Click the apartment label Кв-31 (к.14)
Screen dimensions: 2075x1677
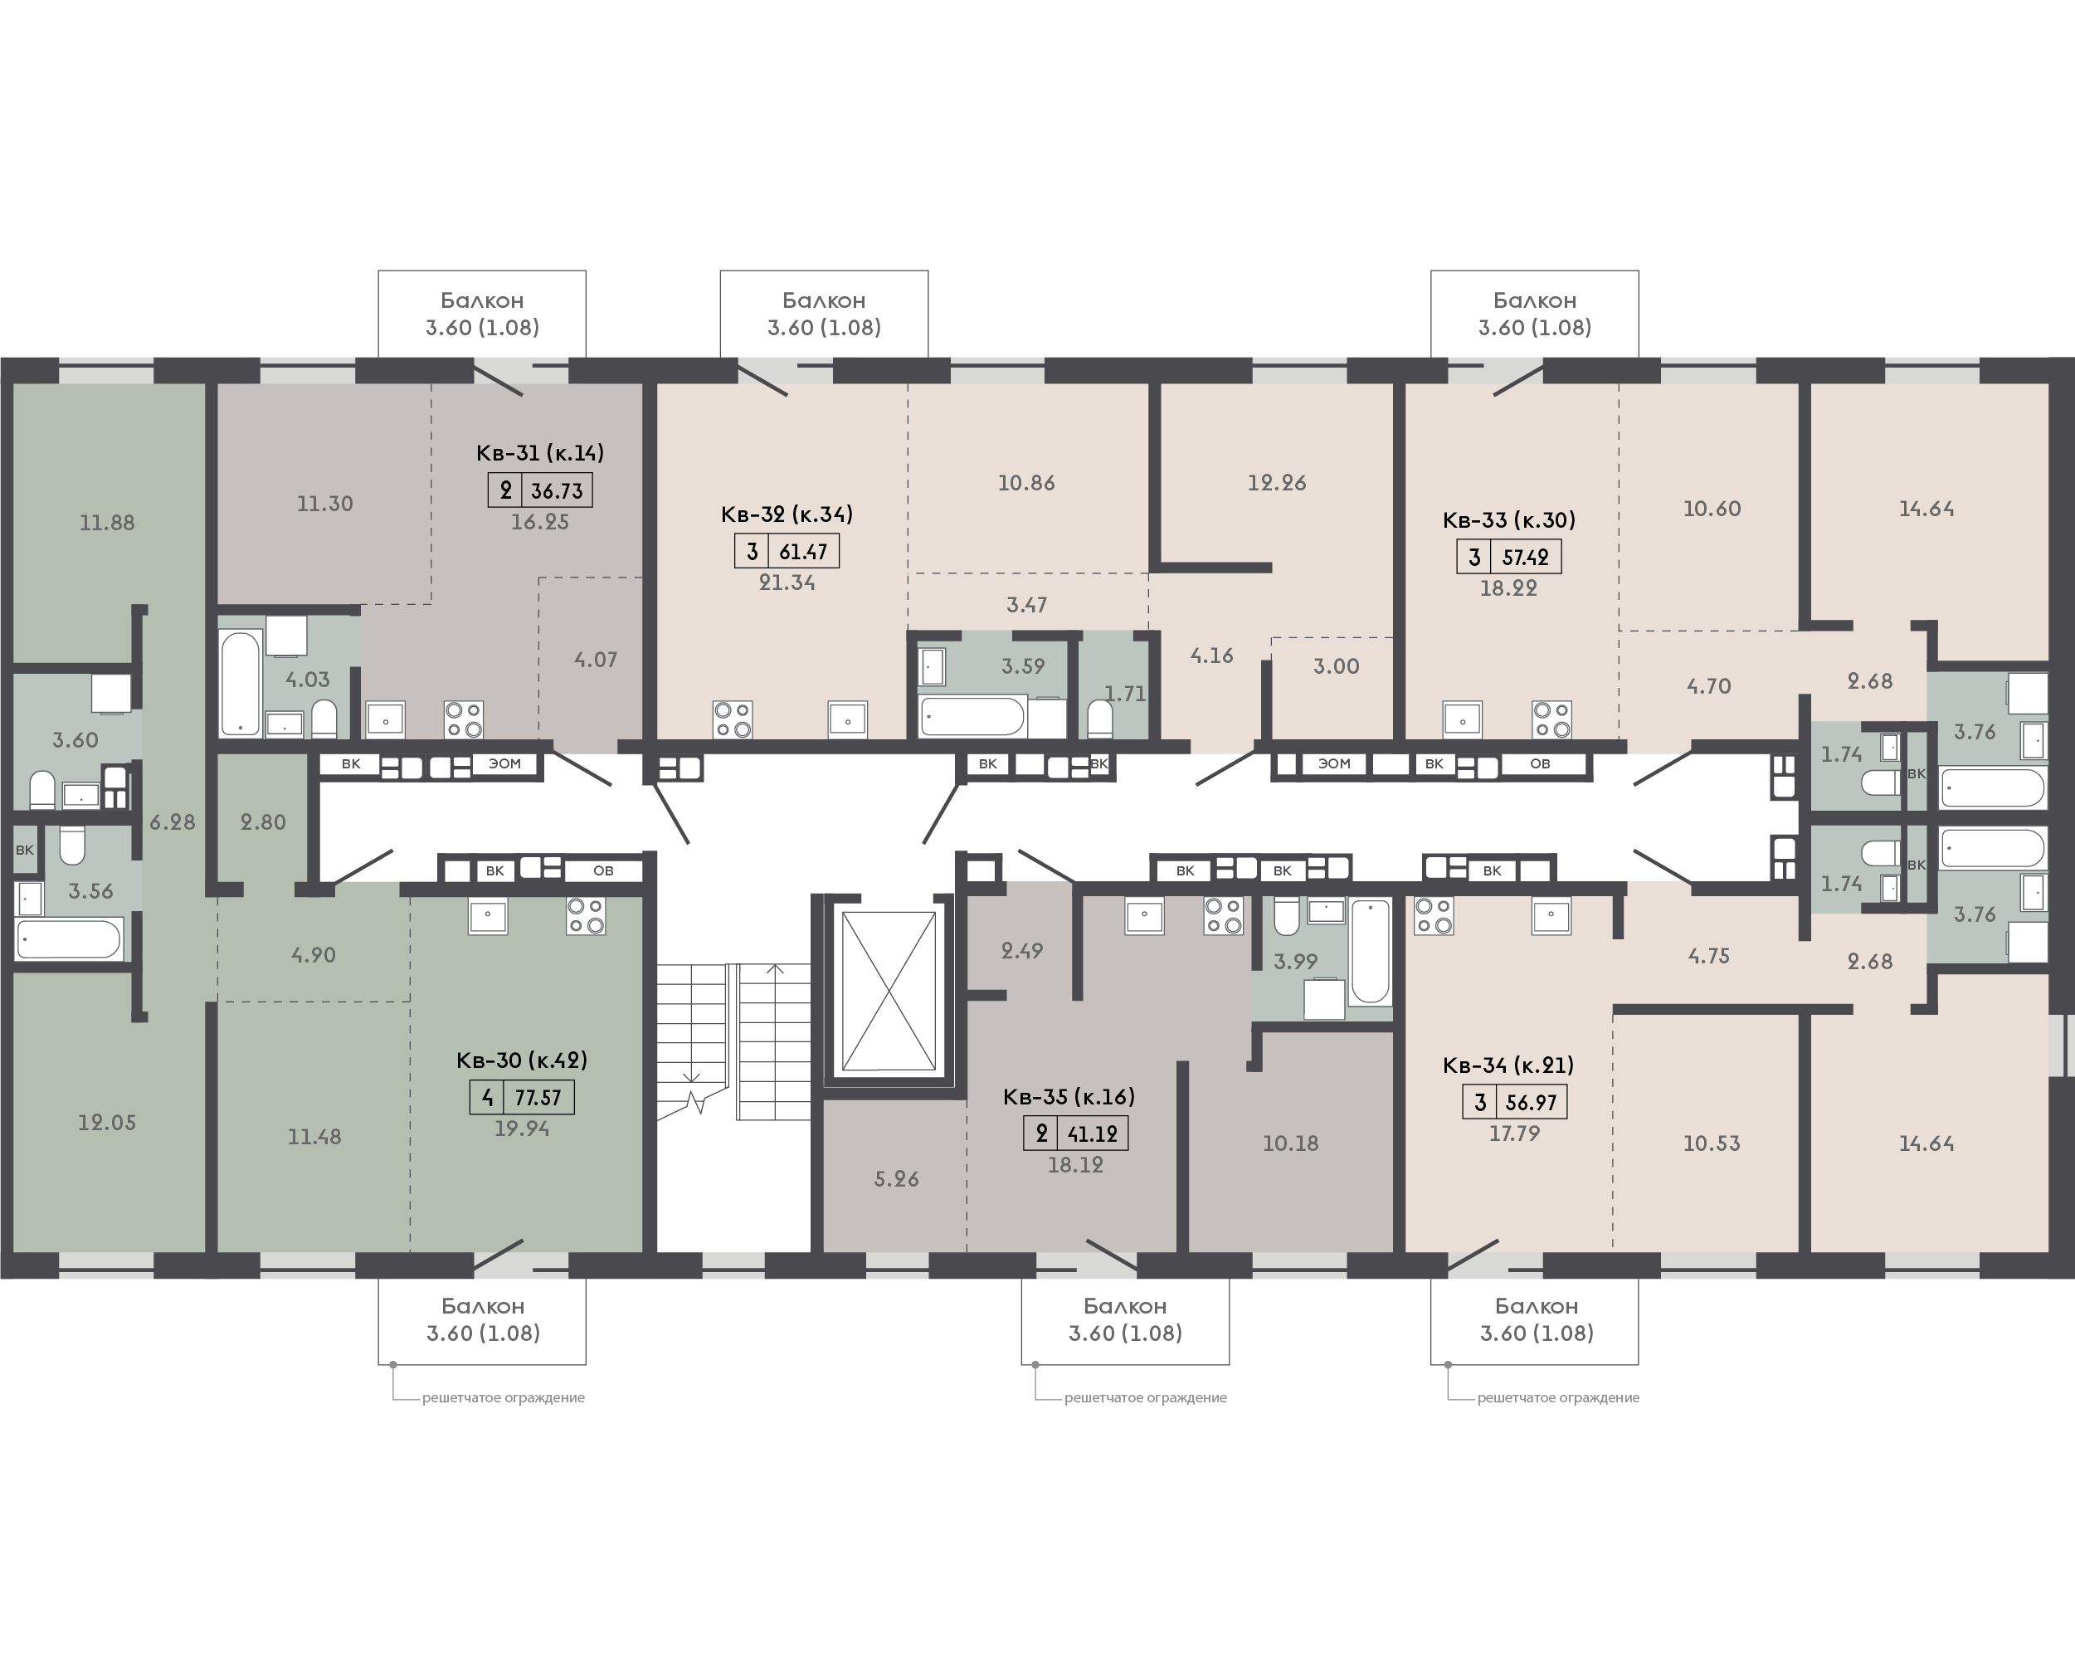click(540, 452)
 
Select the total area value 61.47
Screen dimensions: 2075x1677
click(803, 552)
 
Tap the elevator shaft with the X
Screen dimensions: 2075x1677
click(889, 991)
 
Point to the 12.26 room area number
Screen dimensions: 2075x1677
click(1276, 482)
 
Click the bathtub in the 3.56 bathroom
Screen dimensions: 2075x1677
click(70, 938)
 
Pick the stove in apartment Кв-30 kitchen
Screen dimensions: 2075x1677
click(586, 916)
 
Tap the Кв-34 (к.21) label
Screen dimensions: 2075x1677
click(1508, 1065)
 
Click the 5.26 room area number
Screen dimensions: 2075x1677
click(897, 1178)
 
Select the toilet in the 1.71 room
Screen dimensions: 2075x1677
click(1099, 718)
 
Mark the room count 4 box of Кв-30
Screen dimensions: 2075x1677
click(487, 1097)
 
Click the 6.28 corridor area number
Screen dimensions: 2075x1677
click(172, 822)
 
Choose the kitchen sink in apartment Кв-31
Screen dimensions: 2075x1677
click(386, 719)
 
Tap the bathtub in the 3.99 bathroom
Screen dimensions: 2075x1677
click(1371, 952)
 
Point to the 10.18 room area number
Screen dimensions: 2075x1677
click(1291, 1143)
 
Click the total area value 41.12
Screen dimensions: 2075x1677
click(1093, 1133)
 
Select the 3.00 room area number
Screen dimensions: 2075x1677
click(1336, 665)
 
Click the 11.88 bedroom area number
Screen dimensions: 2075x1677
click(107, 523)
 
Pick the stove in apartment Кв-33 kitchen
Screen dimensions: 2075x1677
click(1551, 719)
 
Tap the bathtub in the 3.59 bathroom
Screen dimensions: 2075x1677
click(972, 717)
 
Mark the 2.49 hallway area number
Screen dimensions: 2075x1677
click(1022, 951)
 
